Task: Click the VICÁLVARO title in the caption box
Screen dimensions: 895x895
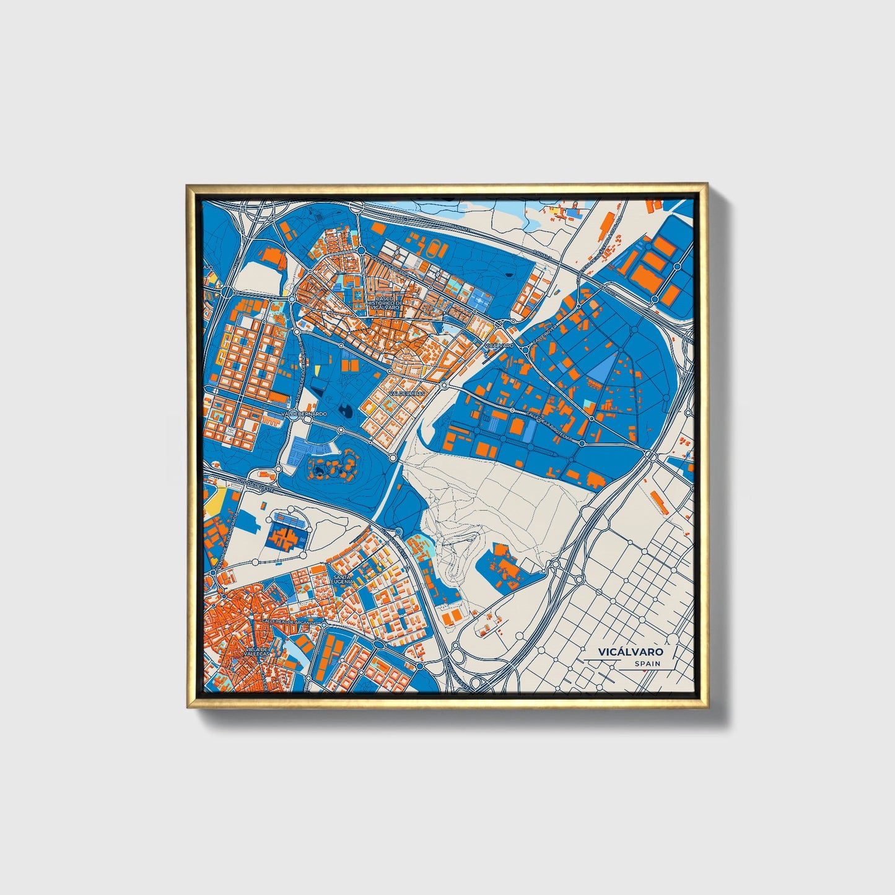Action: point(630,652)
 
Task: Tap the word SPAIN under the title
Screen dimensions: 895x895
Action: point(647,664)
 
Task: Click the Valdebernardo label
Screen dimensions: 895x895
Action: point(303,413)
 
